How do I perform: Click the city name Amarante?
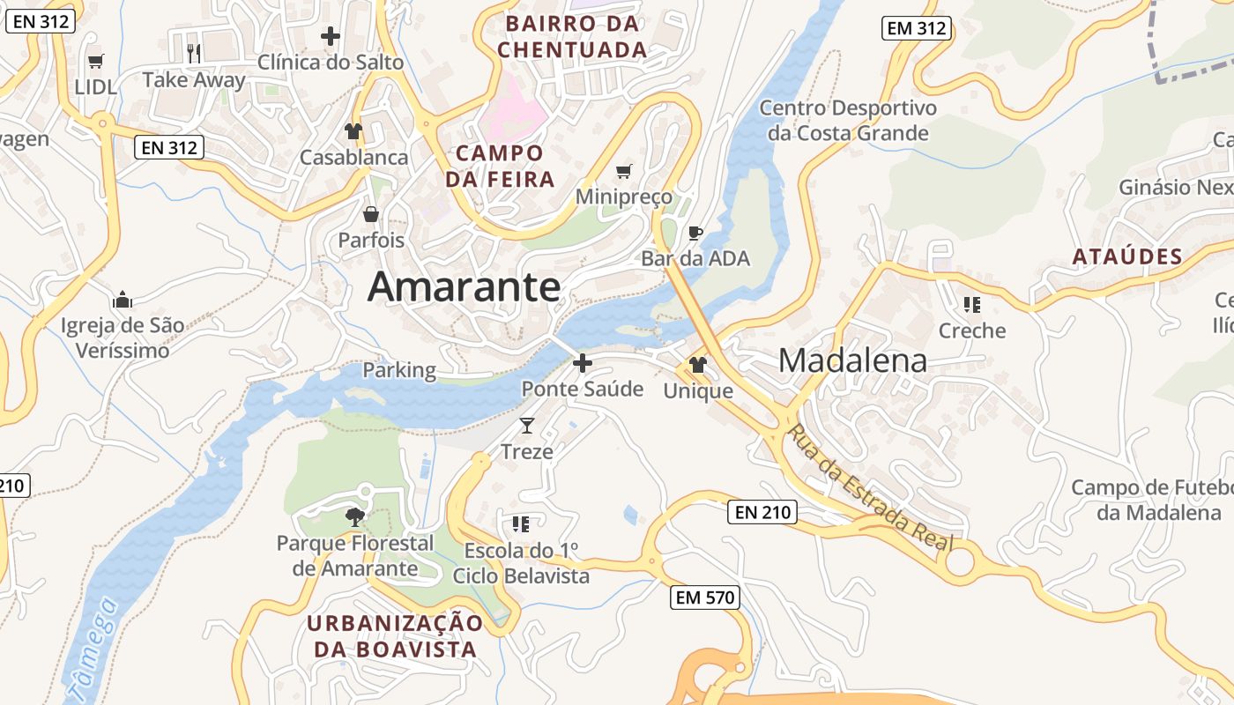click(x=464, y=286)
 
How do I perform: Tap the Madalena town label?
click(x=852, y=360)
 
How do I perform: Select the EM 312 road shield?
click(x=917, y=28)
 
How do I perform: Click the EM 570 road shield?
click(x=704, y=597)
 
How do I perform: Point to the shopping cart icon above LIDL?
click(x=95, y=61)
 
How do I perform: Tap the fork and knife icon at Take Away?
click(x=195, y=53)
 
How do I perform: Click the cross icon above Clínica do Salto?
click(x=331, y=36)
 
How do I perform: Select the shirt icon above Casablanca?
click(x=353, y=131)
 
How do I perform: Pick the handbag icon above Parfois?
click(x=371, y=214)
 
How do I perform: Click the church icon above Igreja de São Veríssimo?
click(x=123, y=299)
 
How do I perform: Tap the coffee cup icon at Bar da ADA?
click(x=695, y=233)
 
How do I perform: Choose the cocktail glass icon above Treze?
click(x=527, y=426)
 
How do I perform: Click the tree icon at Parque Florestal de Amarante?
click(x=355, y=516)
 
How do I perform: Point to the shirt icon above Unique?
click(x=698, y=364)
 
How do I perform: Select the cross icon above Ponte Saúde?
click(x=582, y=362)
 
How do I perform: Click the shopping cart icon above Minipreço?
click(x=624, y=171)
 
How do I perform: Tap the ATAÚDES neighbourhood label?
click(x=1127, y=257)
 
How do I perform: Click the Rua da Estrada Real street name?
click(x=871, y=487)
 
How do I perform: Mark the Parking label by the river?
click(x=399, y=370)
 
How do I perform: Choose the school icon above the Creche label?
click(x=972, y=305)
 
